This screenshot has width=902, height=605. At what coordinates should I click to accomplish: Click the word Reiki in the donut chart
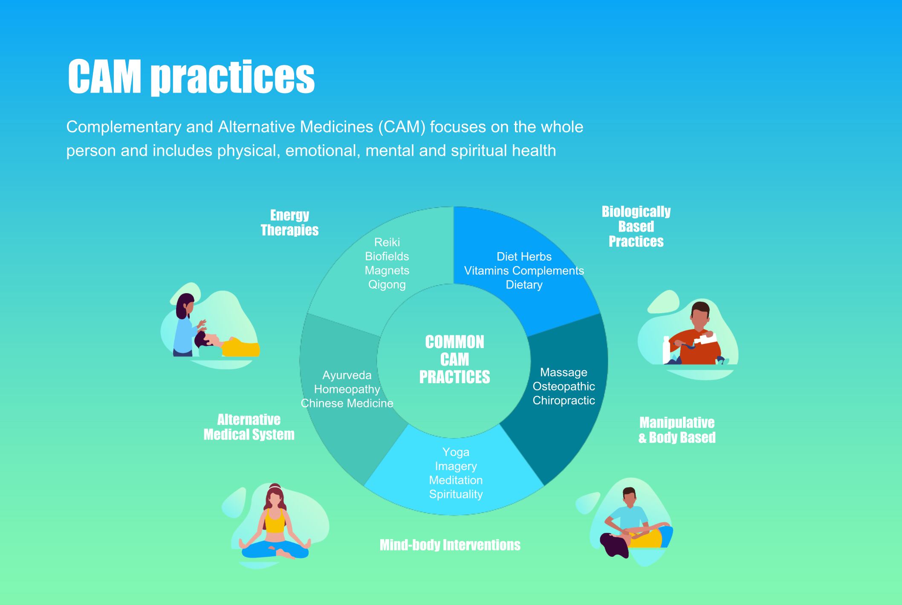pos(387,242)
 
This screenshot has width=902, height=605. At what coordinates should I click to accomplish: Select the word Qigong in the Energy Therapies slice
pos(387,285)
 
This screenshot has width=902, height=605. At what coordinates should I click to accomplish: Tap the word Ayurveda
pos(347,375)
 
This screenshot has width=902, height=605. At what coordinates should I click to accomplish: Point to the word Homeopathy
pos(347,390)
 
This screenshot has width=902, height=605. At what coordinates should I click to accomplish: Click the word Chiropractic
pos(564,401)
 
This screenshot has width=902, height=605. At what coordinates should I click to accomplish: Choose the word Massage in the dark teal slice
pos(564,372)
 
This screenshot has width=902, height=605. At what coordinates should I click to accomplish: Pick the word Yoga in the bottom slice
pos(456,452)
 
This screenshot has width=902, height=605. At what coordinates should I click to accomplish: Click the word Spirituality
pos(456,494)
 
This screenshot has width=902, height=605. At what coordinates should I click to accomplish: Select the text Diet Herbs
pos(524,257)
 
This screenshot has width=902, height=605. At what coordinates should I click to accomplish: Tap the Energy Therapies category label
pos(289,223)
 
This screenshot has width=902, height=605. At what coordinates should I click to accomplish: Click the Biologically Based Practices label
pos(636,227)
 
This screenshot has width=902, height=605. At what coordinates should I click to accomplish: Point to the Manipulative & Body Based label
pos(677,430)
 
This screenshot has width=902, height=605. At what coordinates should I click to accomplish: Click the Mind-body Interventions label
pos(450,545)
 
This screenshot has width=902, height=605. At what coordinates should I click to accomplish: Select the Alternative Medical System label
pos(249,427)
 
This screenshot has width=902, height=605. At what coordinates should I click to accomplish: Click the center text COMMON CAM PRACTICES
pos(454,360)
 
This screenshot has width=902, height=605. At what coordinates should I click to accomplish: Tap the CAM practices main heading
pos(191,77)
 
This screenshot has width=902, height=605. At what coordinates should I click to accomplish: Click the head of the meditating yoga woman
pos(275,497)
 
